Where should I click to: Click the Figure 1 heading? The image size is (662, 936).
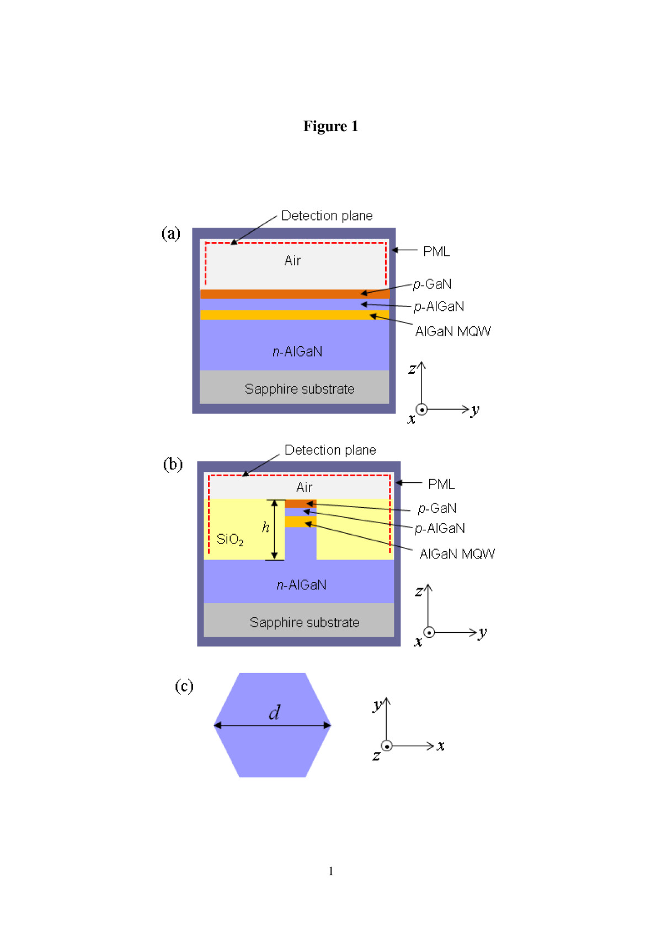coord(330,126)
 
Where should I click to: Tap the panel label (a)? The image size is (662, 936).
coord(171,233)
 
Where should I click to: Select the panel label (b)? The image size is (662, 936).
coord(173,464)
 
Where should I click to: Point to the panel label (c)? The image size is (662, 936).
coord(184,686)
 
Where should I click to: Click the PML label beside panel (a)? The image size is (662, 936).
coord(436,251)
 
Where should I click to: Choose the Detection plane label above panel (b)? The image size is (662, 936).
coord(330,450)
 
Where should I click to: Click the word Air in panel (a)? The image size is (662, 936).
coord(292,261)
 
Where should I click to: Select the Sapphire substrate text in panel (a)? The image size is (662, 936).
coord(300,389)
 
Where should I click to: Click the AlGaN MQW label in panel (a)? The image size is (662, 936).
coord(453,331)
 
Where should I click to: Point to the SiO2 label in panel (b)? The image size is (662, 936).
coord(230,539)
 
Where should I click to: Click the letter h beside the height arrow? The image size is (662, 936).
coord(265,528)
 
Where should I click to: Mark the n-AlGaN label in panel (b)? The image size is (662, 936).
coord(301,585)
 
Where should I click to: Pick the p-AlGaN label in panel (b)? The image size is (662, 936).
coord(440,529)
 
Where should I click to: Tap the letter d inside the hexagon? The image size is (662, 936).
coord(274,712)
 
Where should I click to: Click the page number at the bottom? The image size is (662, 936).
coord(331,871)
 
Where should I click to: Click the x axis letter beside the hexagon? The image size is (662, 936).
coord(440,746)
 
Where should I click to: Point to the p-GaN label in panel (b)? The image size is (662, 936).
coord(437,508)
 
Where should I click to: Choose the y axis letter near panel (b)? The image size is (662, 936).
coord(483,633)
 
